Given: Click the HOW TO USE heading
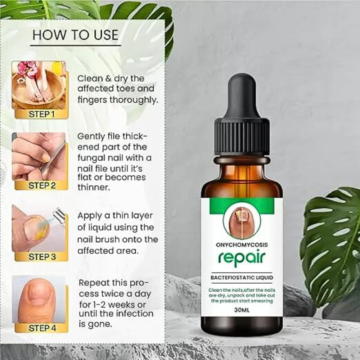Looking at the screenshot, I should (x=75, y=35).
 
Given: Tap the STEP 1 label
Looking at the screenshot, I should (x=42, y=114).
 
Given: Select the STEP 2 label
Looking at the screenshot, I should (x=42, y=186).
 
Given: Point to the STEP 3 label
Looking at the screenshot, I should (x=42, y=257).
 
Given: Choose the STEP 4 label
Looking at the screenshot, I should (x=42, y=328).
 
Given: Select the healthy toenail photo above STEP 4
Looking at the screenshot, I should (x=39, y=299).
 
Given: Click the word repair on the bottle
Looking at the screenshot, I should (x=241, y=258).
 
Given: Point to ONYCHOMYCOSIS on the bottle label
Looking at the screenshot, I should (x=242, y=245).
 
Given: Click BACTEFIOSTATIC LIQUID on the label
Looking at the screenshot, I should (x=242, y=278).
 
